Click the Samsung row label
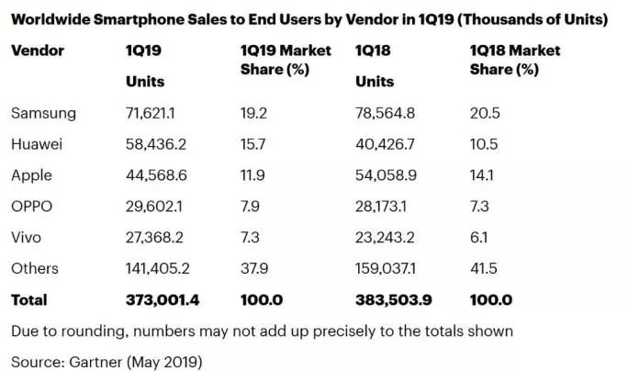[43, 113]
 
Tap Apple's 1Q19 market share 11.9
[250, 175]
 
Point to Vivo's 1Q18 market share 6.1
[478, 237]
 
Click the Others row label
[35, 268]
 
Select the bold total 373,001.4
[163, 299]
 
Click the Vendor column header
[37, 51]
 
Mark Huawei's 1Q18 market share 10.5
[481, 144]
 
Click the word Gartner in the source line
[100, 361]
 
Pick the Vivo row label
[27, 237]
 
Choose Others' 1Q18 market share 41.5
[482, 268]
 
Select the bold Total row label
[28, 299]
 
